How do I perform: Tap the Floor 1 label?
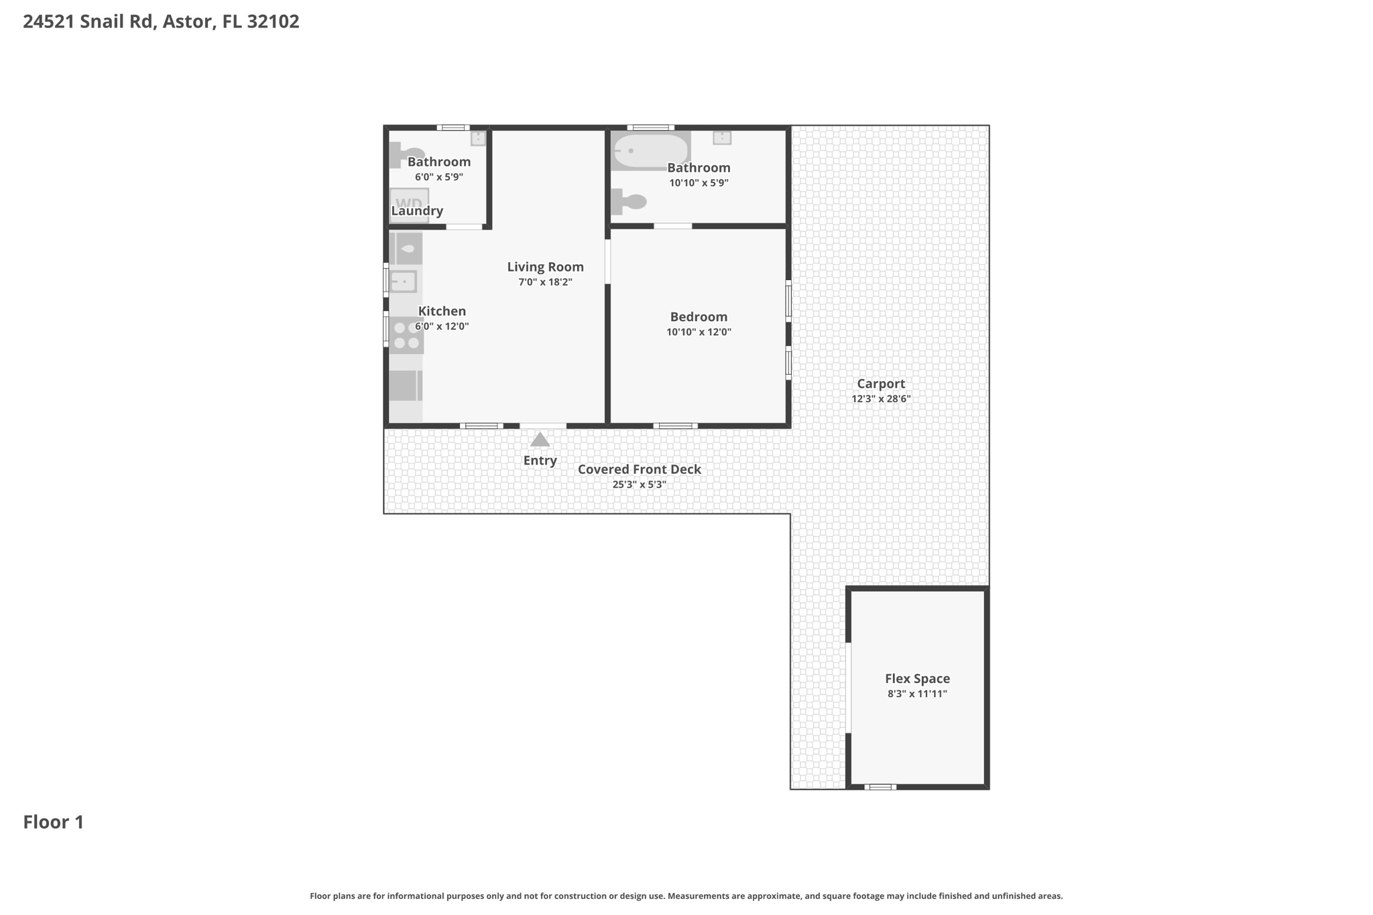coord(54,822)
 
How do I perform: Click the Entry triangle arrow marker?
coord(540,440)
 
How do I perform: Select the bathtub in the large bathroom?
coord(650,151)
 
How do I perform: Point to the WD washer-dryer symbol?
coord(409,204)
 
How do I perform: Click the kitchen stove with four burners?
coord(406,335)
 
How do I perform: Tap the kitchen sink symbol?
coord(403,282)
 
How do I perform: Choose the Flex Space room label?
coord(917,678)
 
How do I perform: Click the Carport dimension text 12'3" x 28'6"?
coord(881,399)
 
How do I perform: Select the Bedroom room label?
coord(699,317)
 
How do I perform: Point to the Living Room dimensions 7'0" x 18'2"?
coord(545,282)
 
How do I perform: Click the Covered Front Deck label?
coord(640,469)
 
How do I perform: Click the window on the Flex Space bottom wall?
coord(880,787)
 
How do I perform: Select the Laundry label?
coord(417,211)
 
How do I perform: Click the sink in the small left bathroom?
coord(478,138)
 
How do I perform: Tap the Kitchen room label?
coord(442,311)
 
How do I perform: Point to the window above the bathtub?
coord(650,127)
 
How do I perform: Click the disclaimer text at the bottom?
coord(686,896)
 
